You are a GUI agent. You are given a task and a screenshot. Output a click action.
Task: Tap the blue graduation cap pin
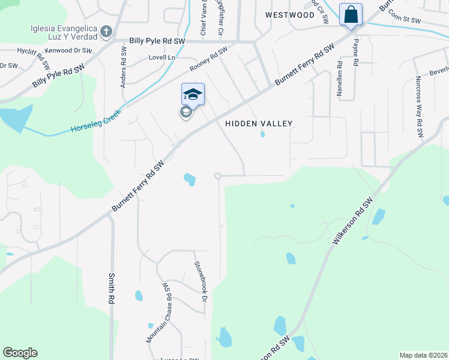point(193,94)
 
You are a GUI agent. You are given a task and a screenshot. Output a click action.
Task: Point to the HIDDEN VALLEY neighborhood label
point(259,124)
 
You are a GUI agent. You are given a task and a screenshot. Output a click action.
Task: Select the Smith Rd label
point(111,288)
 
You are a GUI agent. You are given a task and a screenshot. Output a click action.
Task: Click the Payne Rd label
point(355,52)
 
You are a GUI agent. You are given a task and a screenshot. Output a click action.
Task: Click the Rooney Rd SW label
point(208,61)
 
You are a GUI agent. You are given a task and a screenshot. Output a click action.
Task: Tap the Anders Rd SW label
point(123,71)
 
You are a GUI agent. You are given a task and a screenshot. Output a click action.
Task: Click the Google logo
point(20,353)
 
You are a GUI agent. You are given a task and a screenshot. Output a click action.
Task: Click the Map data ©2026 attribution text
point(423,355)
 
